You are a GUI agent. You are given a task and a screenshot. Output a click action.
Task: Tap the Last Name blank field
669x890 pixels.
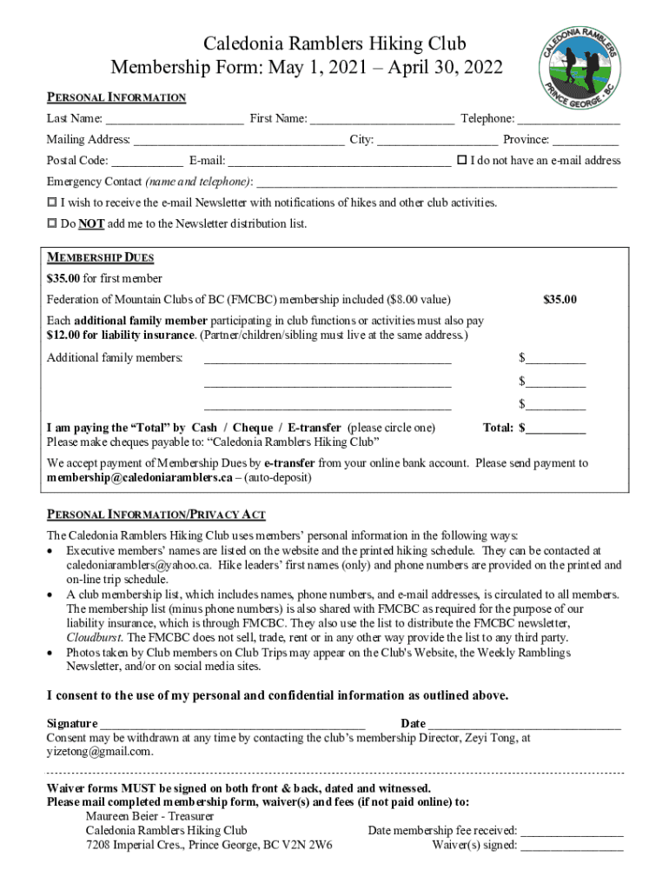[x=175, y=119]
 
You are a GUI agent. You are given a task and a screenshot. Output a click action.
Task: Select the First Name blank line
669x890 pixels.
[x=381, y=119]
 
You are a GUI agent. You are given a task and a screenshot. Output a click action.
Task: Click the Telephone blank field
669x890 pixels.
[x=569, y=119]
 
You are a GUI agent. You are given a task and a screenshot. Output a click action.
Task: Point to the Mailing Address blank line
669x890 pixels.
[x=239, y=140]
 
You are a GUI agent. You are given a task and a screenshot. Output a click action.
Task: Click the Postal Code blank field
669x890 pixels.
[x=148, y=161]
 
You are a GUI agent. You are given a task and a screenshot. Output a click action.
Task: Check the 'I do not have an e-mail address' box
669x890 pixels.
[x=461, y=160]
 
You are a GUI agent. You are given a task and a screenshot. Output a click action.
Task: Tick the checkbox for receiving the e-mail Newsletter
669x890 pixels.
[x=51, y=203]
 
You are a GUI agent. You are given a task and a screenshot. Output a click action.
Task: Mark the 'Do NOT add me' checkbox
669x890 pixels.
[x=51, y=223]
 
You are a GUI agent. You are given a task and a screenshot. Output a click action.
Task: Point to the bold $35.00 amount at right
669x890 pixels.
[x=560, y=300]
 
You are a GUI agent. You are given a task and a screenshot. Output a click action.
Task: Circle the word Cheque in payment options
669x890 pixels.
[x=252, y=428]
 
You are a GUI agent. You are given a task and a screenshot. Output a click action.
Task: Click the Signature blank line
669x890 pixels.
[x=233, y=724]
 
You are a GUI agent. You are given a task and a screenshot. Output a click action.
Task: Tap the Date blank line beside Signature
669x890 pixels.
[x=525, y=724]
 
